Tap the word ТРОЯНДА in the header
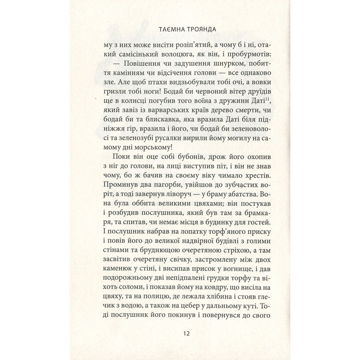[x=194, y=30]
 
